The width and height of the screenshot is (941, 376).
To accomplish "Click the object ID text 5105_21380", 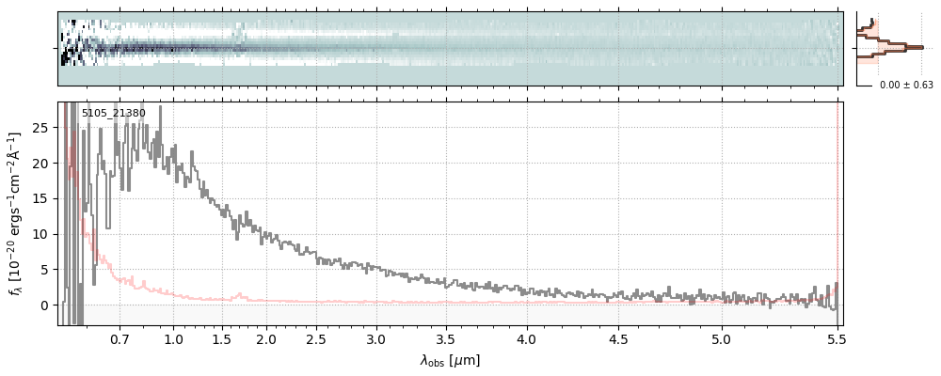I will (113, 114).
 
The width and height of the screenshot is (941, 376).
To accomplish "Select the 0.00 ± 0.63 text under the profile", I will (906, 86).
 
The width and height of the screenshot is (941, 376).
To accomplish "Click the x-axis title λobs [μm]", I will (450, 360).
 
